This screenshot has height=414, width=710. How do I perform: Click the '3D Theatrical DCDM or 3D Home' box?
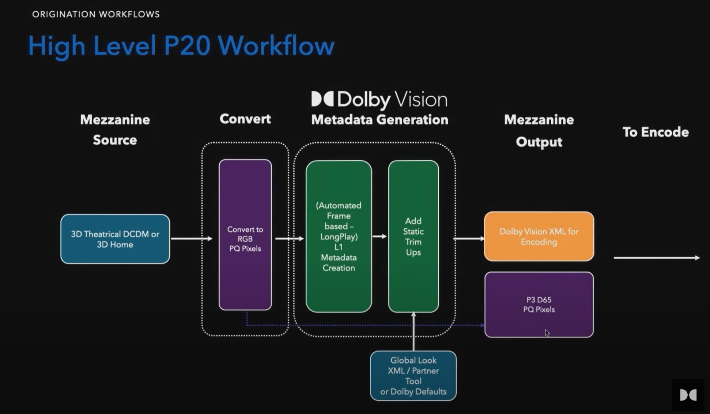tap(115, 239)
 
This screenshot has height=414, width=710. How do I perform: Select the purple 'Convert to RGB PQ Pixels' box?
tap(245, 235)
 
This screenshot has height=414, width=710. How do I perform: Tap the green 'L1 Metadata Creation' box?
tap(339, 236)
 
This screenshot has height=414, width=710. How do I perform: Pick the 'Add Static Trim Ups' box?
tap(413, 236)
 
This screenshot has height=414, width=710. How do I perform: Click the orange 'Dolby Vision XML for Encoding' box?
tap(539, 236)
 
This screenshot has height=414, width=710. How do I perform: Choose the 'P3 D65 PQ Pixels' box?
tap(539, 305)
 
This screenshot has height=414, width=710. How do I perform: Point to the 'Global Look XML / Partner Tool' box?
tap(413, 376)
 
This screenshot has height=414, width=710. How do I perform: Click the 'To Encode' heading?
tap(656, 132)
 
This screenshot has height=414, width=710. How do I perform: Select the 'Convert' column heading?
tap(245, 119)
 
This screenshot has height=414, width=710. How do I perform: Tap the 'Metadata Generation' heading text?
tap(379, 120)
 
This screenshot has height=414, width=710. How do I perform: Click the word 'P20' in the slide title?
tap(187, 46)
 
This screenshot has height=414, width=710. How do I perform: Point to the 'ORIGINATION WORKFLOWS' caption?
tap(96, 14)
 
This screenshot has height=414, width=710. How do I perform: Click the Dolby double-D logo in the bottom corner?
tap(688, 395)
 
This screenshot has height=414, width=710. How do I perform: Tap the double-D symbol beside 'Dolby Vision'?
tap(322, 99)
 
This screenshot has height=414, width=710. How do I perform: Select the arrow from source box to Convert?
tap(192, 239)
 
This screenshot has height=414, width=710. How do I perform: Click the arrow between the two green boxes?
tap(379, 236)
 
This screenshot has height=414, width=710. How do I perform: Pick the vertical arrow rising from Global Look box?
tap(413, 332)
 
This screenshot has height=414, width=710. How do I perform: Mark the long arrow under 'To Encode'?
tap(656, 258)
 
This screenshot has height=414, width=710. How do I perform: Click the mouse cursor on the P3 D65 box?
tap(547, 333)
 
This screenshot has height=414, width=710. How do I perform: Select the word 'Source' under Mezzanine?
tap(115, 140)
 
